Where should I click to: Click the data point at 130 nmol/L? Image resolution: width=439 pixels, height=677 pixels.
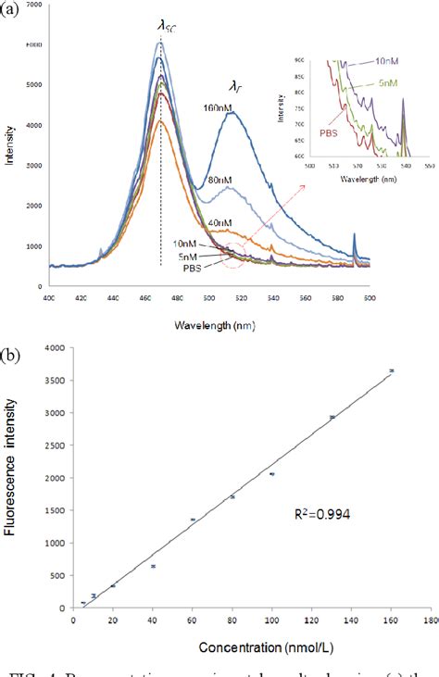[332, 417]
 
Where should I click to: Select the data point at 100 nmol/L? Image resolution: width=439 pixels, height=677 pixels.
[272, 473]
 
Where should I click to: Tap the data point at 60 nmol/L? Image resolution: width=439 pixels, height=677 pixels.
[193, 520]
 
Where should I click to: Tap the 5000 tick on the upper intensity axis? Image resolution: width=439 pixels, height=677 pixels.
[34, 84]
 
